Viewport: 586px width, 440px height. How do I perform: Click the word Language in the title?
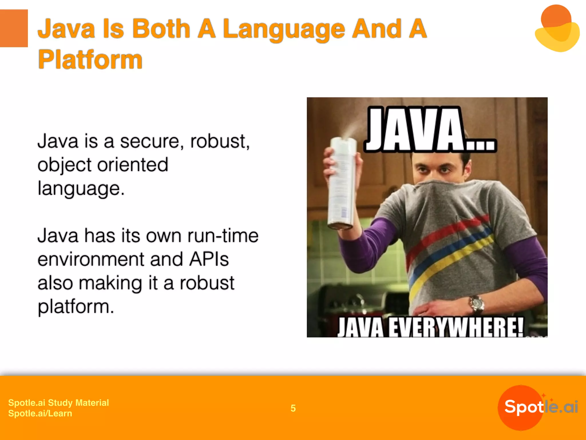(284, 29)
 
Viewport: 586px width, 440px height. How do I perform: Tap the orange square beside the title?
(14, 28)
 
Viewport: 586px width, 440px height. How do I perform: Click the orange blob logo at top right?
(557, 29)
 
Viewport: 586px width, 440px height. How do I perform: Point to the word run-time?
(223, 236)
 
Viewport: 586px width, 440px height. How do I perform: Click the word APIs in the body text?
(209, 259)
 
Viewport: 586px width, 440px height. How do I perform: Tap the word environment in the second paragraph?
(91, 259)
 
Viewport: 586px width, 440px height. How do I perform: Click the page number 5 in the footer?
(293, 408)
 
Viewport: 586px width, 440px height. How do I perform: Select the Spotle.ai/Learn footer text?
(40, 413)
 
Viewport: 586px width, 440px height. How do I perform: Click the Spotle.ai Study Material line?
(58, 403)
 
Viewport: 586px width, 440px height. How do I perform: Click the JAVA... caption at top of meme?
(429, 130)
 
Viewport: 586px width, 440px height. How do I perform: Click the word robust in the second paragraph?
(207, 283)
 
